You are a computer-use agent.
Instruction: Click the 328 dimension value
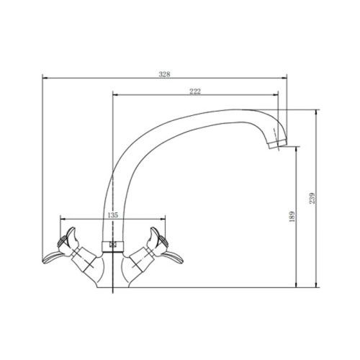click(x=164, y=74)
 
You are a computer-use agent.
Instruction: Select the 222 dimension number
click(x=195, y=91)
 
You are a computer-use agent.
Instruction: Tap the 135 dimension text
click(x=113, y=215)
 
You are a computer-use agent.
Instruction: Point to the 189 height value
click(x=292, y=217)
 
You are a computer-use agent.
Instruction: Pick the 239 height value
click(x=312, y=198)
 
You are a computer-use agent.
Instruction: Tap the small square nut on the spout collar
click(x=112, y=245)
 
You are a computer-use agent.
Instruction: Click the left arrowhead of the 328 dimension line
click(x=45, y=78)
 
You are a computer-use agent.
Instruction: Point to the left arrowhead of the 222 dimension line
click(x=115, y=95)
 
